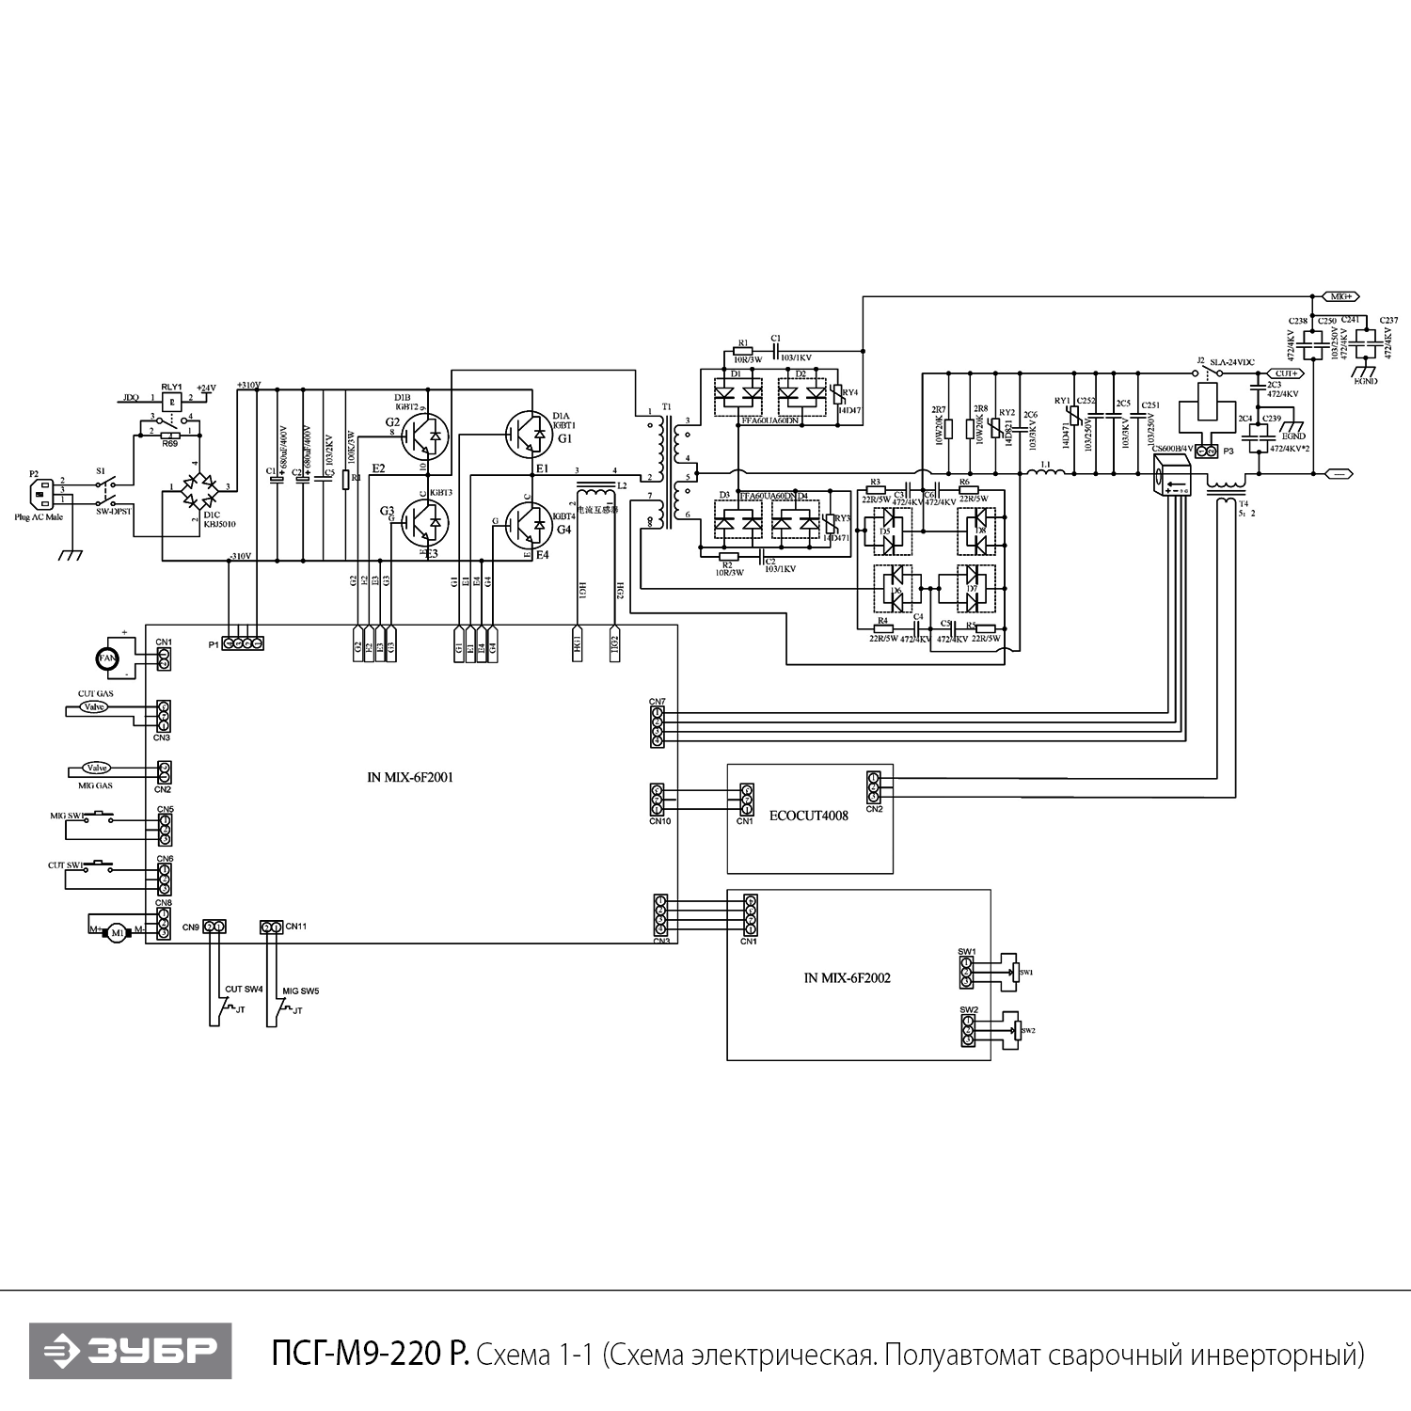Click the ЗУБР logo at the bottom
tap(130, 1352)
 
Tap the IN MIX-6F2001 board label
tap(410, 778)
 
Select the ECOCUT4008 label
tap(808, 816)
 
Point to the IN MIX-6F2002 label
tap(847, 977)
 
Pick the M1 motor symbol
tap(117, 932)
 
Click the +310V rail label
tap(248, 386)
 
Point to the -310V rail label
tap(240, 556)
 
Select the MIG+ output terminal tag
tap(1339, 295)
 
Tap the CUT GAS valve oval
tap(94, 706)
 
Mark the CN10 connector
tap(657, 800)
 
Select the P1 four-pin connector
tap(243, 643)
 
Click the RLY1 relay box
tap(171, 400)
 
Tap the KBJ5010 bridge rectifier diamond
tap(197, 488)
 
